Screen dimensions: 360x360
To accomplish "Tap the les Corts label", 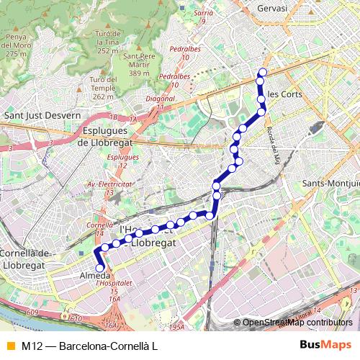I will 284,94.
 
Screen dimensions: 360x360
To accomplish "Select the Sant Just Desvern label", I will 42,114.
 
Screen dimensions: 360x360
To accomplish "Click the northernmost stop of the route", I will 263,72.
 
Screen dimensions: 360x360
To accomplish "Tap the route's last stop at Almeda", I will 99,269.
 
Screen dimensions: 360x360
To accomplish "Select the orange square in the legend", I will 9,346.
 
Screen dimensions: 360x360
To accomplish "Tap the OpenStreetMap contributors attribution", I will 297,323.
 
